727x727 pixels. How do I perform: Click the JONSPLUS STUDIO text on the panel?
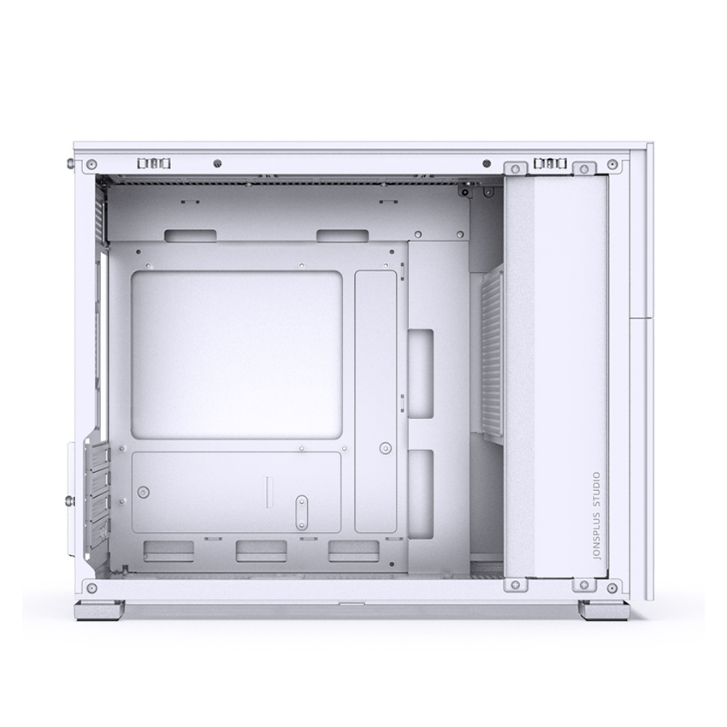(x=597, y=517)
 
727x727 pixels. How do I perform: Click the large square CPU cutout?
(x=237, y=355)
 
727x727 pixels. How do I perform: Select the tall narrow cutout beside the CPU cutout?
(x=376, y=401)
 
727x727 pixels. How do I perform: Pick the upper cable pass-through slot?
(x=421, y=373)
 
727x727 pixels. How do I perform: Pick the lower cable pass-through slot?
(x=421, y=494)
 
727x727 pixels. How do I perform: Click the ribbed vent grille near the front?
(x=493, y=353)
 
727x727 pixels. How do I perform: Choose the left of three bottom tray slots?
(x=168, y=551)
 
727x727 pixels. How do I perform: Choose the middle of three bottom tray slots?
(x=261, y=551)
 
